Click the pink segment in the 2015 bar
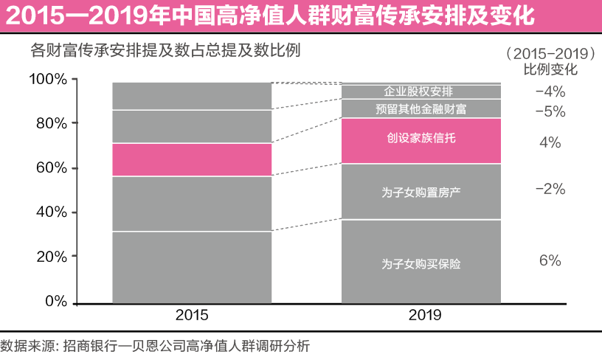(192, 159)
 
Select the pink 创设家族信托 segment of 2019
(421, 141)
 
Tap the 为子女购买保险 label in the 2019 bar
(421, 263)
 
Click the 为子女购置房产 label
(421, 193)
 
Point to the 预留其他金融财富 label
(421, 109)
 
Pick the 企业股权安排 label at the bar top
(421, 91)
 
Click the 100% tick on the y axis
(48, 79)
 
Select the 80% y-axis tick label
(52, 122)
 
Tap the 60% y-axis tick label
(52, 168)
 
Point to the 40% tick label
(52, 212)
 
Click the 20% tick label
(52, 257)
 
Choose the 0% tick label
(56, 302)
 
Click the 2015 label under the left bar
(192, 315)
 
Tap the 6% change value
(550, 260)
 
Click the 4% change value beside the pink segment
(550, 142)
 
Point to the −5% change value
(550, 111)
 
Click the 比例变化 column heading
(550, 71)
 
